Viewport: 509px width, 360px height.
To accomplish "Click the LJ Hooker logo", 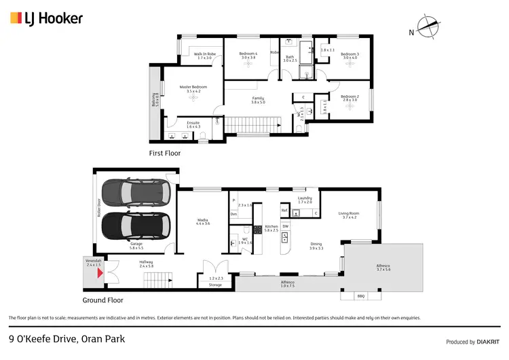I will pos(46,18).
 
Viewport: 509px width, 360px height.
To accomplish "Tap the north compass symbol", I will pos(428,27).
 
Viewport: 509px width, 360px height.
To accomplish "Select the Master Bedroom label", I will pos(193,89).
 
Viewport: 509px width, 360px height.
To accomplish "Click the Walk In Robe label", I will pos(204,56).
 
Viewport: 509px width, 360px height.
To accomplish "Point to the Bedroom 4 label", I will pos(249,56).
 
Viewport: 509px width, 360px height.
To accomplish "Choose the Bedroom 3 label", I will pos(350,56).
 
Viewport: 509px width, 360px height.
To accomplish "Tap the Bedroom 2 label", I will pos(350,98).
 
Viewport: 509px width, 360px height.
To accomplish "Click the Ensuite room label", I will pos(193,124).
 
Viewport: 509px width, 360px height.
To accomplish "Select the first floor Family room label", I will pos(257,100).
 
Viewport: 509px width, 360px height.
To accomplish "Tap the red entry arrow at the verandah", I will pos(100,273).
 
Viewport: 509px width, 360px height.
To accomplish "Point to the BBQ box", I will pos(360,296).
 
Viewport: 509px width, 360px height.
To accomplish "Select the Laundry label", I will pos(305,200).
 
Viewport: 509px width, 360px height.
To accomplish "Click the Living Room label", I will pos(348,215).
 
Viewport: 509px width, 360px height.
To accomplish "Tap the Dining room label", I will pos(316,246).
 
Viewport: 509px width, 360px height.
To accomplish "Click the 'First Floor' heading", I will pos(165,154).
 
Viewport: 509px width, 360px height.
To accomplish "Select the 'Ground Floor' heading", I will pos(102,300).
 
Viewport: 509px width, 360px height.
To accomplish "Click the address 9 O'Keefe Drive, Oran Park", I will pos(67,338).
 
